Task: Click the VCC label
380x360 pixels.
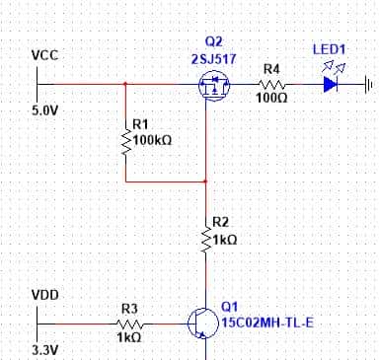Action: tap(44, 55)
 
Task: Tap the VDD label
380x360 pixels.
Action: tap(45, 294)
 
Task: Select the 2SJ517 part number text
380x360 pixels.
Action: tap(213, 59)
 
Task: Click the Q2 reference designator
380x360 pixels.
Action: tap(213, 41)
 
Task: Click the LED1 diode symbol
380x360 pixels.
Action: tap(330, 85)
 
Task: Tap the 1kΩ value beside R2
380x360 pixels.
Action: tap(226, 240)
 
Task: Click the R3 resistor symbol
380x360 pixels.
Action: tap(128, 322)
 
